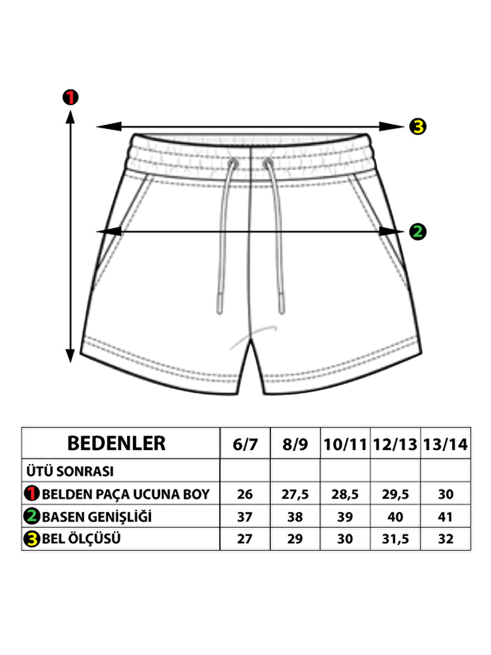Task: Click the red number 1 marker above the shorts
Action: click(x=70, y=97)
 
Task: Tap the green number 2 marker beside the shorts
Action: click(x=418, y=231)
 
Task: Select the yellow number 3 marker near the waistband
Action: click(x=418, y=127)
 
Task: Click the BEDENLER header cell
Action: click(x=116, y=444)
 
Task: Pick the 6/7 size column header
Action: click(x=245, y=445)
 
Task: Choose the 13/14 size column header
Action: click(x=445, y=445)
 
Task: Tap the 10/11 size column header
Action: click(x=345, y=445)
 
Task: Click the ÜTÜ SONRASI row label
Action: click(x=70, y=471)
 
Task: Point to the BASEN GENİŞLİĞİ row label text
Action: click(x=97, y=517)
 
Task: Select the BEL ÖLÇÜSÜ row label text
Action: click(x=81, y=539)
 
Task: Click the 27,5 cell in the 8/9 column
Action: click(x=295, y=495)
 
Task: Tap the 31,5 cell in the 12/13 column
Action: click(x=395, y=539)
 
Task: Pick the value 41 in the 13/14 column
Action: click(x=445, y=517)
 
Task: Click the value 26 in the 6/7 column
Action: click(x=245, y=495)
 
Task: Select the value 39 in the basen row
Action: click(x=345, y=517)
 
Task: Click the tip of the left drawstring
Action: click(x=220, y=313)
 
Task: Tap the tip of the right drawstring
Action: click(x=282, y=313)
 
